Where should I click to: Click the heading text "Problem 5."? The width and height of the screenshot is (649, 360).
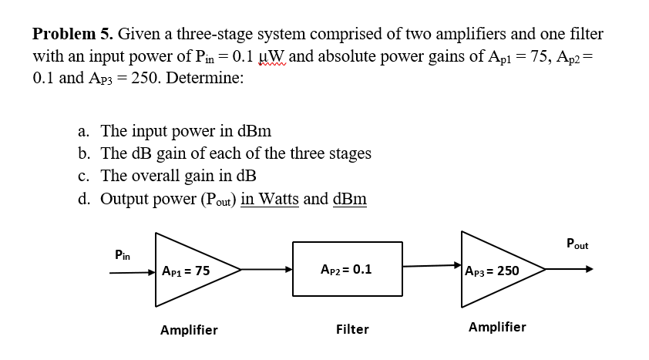coord(72,34)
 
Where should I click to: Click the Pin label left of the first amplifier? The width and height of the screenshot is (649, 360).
coord(122,254)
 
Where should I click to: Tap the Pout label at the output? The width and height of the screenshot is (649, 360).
coord(577,244)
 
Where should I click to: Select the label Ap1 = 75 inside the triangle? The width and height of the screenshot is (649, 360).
coord(186,271)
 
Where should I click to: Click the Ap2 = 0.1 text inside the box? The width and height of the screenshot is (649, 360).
coord(345,270)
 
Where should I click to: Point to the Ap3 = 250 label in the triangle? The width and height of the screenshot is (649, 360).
coord(493,271)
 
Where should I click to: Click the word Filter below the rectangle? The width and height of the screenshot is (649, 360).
coord(352,330)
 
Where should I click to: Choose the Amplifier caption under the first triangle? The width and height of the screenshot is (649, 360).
coord(189,331)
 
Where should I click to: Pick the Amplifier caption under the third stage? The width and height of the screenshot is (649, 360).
coord(497,327)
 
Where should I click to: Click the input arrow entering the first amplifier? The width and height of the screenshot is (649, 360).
coord(131,271)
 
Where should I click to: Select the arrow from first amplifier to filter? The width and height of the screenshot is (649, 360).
coord(266,270)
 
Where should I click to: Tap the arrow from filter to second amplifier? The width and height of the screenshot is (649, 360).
coord(432,267)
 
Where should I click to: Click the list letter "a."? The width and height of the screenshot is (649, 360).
coord(86,131)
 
